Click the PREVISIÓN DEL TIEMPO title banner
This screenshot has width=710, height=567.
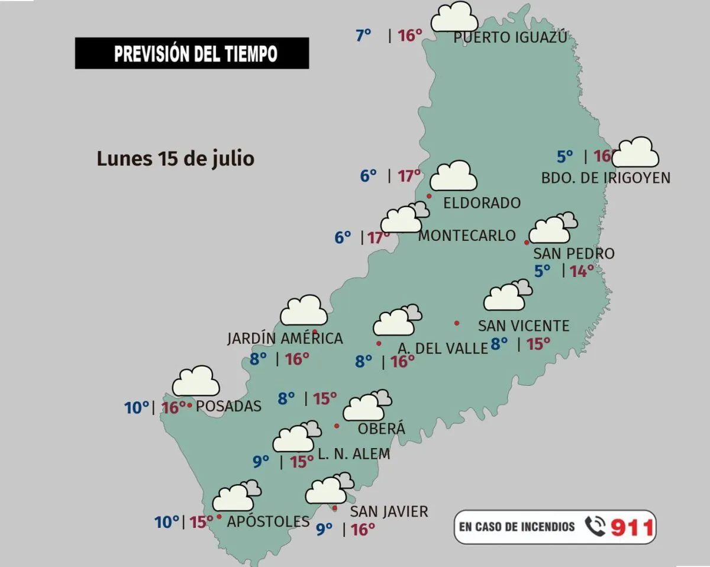tap(192, 53)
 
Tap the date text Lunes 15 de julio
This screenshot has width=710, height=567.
tap(175, 159)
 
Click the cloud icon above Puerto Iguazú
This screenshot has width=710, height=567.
tap(454, 17)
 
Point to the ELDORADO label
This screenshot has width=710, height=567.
tap(482, 203)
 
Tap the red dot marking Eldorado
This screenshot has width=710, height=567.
tap(429, 196)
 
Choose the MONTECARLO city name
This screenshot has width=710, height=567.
tap(467, 236)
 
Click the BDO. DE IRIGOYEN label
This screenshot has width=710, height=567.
tap(606, 178)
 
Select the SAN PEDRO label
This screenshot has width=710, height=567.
tap(573, 254)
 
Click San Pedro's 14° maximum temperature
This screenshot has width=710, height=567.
tap(581, 271)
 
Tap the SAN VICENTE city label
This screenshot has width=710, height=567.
tap(523, 326)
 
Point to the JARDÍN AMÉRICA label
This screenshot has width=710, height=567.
tap(285, 338)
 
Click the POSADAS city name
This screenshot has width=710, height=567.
tap(228, 406)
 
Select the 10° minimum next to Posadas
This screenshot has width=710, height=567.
tap(136, 407)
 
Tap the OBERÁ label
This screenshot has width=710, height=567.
tap(382, 429)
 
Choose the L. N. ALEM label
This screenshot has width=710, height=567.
tap(354, 454)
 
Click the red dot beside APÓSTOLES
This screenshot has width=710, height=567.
tap(220, 517)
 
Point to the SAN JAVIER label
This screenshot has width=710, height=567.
tap(389, 511)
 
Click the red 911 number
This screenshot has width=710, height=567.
tap(632, 527)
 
